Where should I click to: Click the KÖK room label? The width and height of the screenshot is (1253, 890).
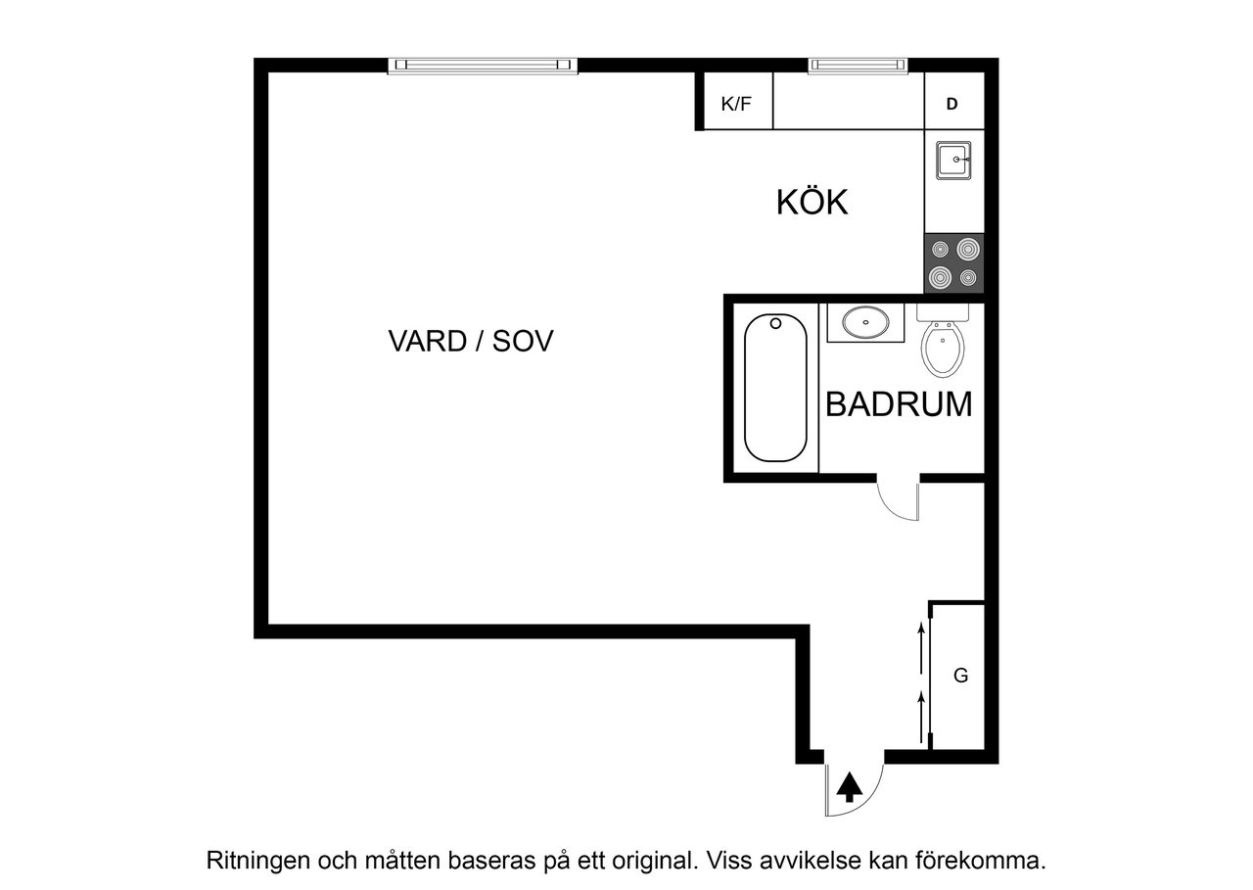812,203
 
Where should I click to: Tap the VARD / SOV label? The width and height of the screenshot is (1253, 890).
471,342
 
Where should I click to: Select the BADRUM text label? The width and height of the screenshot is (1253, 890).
899,404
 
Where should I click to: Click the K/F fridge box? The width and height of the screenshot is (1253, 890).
736,103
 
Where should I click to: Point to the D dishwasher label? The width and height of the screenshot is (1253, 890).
951,104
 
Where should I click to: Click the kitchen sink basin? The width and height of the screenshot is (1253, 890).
953,160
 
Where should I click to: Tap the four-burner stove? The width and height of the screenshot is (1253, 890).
954,263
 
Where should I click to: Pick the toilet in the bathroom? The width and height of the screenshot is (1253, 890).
943,347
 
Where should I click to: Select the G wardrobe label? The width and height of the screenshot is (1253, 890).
960,676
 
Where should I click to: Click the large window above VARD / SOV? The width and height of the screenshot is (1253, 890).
484,66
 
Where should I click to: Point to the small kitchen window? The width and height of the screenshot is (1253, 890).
858,66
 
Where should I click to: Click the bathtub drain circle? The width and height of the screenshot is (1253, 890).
774,322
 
